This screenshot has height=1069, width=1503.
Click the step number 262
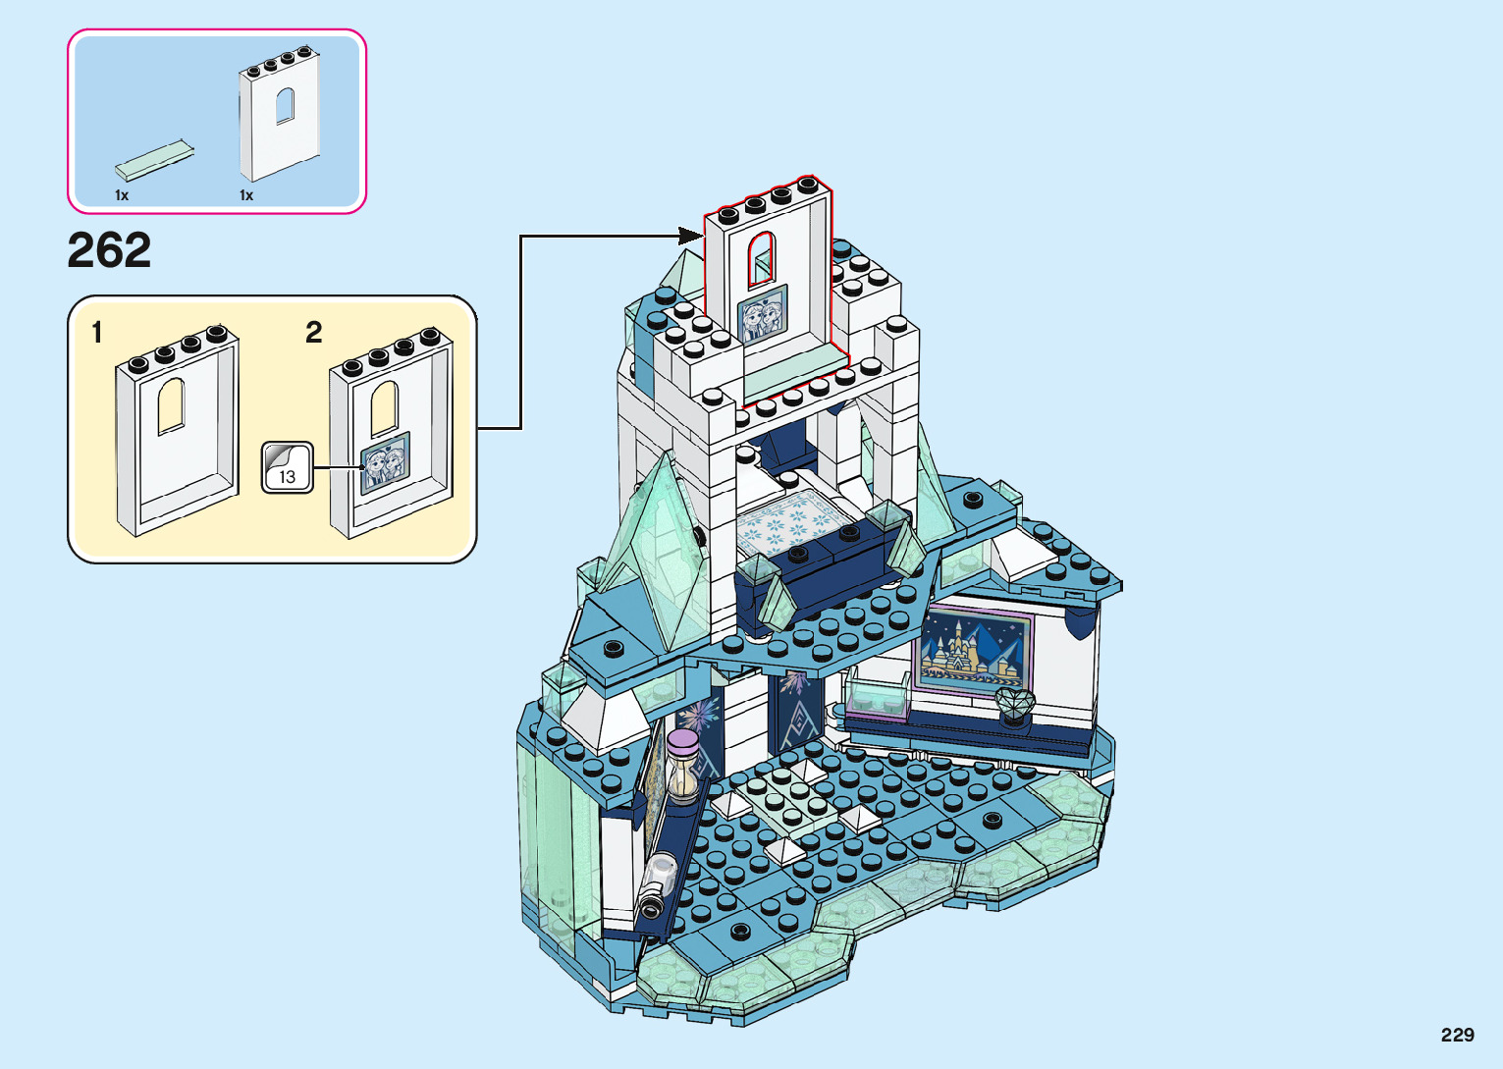pyautogui.click(x=109, y=250)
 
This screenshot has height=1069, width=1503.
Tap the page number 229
pyautogui.click(x=1457, y=1035)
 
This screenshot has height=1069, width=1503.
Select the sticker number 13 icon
pyautogui.click(x=287, y=468)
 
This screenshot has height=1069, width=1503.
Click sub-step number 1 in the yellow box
pyautogui.click(x=96, y=333)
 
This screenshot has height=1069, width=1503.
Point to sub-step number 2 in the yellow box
pyautogui.click(x=313, y=333)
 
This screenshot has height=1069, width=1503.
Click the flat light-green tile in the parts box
pyautogui.click(x=154, y=160)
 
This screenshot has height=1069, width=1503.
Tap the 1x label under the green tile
pyautogui.click(x=122, y=195)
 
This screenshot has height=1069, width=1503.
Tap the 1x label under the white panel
pyautogui.click(x=246, y=195)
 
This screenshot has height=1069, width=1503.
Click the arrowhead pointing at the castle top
pyautogui.click(x=691, y=236)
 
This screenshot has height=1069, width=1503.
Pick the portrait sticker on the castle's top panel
pyautogui.click(x=763, y=314)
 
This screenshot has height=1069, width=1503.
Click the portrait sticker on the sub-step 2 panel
pyautogui.click(x=386, y=462)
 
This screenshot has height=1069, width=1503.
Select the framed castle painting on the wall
pyautogui.click(x=975, y=649)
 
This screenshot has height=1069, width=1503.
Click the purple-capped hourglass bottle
pyautogui.click(x=682, y=767)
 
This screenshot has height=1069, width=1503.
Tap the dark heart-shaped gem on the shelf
pyautogui.click(x=1014, y=703)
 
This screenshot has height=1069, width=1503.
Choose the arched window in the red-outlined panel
pyautogui.click(x=762, y=257)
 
